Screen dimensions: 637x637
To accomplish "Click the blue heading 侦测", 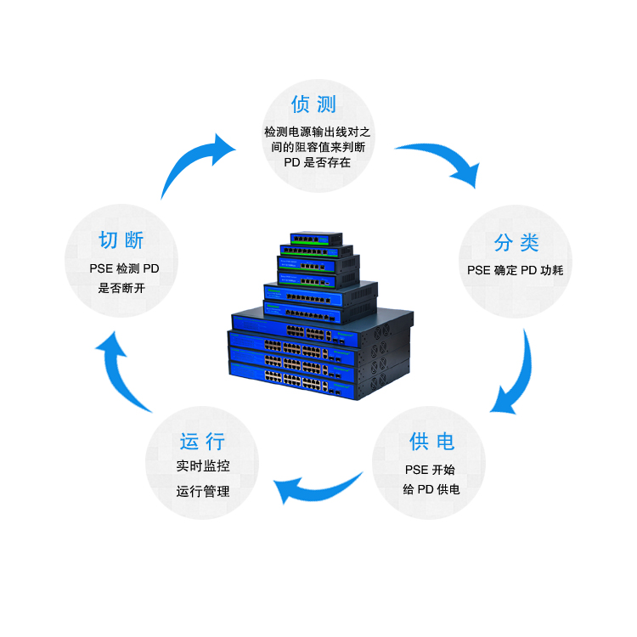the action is pyautogui.click(x=313, y=104).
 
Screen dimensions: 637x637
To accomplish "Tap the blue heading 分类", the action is pyautogui.click(x=516, y=243).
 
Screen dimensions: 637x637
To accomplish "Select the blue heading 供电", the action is pyautogui.click(x=431, y=442).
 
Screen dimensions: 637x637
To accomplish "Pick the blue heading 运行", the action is pyautogui.click(x=202, y=442).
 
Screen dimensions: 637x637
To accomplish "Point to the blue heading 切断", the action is pyautogui.click(x=121, y=240).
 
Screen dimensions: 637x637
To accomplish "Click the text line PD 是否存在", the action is pyautogui.click(x=318, y=162).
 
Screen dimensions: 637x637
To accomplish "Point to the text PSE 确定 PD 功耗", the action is pyautogui.click(x=516, y=270).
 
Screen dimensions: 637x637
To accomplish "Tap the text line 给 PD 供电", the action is pyautogui.click(x=431, y=489).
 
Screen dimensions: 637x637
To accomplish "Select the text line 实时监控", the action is pyautogui.click(x=203, y=465).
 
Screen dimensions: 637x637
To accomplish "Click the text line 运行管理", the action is pyautogui.click(x=203, y=491).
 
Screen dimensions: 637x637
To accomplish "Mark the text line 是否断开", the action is pyautogui.click(x=121, y=288).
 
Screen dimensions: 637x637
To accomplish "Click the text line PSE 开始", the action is pyautogui.click(x=430, y=470).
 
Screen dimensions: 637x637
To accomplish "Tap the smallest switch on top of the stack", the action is pyautogui.click(x=317, y=239).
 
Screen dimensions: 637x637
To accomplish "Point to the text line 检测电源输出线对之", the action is pyautogui.click(x=318, y=132).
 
